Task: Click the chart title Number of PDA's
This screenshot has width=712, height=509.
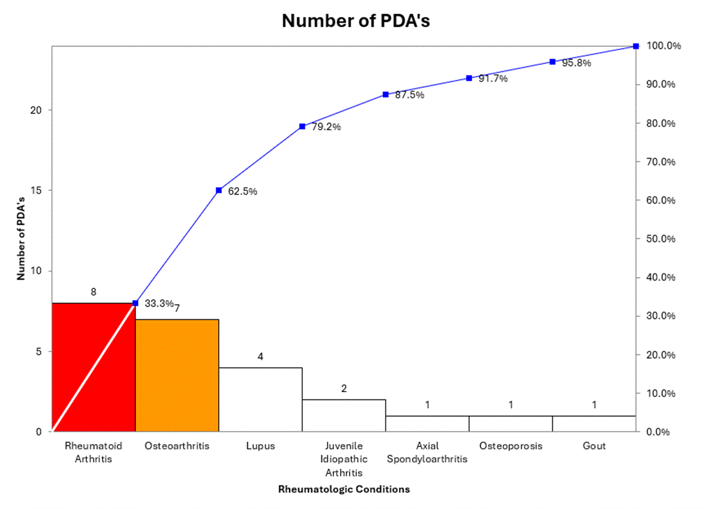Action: point(356,21)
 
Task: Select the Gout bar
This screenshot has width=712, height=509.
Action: point(594,423)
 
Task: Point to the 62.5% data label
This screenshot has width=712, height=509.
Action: point(242,191)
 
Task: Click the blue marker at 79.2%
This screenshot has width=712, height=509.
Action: point(302,127)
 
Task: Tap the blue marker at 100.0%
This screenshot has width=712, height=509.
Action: point(636,46)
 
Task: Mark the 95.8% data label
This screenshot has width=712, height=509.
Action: point(576,63)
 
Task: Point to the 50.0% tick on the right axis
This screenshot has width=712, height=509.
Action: point(661,239)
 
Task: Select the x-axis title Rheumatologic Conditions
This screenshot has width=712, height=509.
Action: point(344,489)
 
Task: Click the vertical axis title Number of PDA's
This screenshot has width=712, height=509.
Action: point(21,238)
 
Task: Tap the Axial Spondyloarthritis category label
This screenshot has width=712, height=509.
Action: point(427,452)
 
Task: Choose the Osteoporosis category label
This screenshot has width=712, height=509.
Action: point(511,446)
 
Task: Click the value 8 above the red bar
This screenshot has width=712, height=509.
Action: point(93,292)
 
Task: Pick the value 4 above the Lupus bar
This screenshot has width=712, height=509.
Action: point(260,356)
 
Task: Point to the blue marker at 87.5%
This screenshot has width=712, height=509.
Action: point(386,94)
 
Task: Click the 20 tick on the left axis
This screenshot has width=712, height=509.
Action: point(36,110)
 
